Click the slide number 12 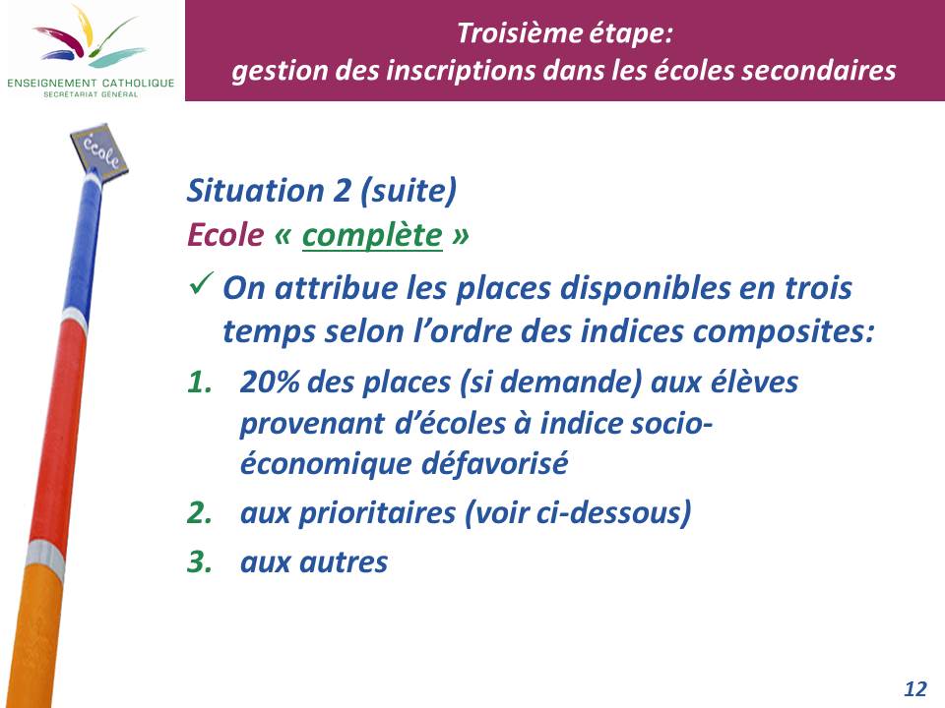[x=914, y=688]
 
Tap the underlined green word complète [x=372, y=235]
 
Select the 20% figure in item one [x=270, y=382]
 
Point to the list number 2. [x=200, y=513]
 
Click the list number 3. [x=200, y=561]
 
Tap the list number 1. [x=200, y=383]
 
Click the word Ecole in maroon [x=225, y=235]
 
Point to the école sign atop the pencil [x=99, y=150]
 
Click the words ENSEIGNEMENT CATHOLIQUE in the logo [x=91, y=83]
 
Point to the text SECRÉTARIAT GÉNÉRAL [x=91, y=94]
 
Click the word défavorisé [x=494, y=463]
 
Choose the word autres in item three [x=344, y=562]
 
